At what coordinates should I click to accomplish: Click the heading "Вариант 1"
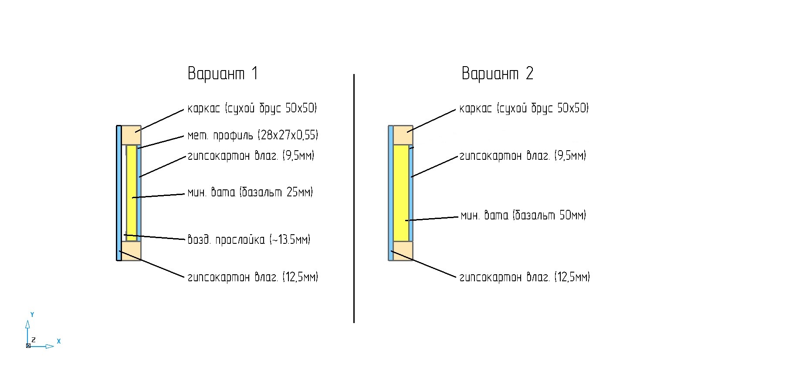pos(223,73)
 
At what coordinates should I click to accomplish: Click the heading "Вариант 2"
pos(497,73)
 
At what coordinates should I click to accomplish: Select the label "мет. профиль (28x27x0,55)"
pos(253,135)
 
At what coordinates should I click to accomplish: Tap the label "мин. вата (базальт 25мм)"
pos(250,192)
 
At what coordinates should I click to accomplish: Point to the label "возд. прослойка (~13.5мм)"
pos(249,239)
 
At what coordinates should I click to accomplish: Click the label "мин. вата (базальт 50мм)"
pos(523,215)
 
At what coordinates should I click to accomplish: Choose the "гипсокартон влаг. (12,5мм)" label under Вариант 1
pos(253,277)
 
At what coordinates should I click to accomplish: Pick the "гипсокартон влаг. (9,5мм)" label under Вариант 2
pos(523,155)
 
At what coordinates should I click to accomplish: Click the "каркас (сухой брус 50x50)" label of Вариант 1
pos(252,108)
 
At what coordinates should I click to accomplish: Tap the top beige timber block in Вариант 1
pos(131,135)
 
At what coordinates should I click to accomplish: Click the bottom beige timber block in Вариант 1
pos(131,251)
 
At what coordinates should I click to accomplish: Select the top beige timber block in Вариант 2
pos(403,135)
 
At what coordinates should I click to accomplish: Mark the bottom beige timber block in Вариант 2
pos(403,251)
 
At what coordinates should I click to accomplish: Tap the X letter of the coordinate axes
pos(59,341)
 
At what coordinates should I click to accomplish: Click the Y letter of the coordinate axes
pos(32,314)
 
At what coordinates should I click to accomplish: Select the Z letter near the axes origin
pos(34,340)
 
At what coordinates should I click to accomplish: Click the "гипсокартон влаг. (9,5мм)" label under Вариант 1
pos(251,155)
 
